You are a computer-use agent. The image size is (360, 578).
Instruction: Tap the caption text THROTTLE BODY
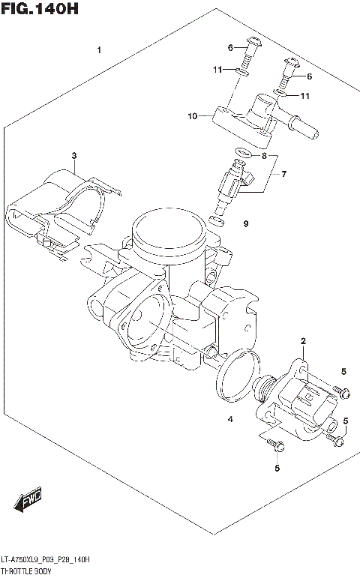tap(32, 571)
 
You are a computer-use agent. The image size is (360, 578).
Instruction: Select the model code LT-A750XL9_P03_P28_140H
tap(46, 559)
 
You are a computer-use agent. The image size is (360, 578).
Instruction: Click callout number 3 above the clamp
tap(74, 156)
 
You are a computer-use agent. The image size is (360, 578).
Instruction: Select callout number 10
tap(193, 116)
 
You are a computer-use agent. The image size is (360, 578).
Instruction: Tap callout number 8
tap(263, 156)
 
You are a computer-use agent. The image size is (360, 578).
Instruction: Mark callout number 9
tap(244, 223)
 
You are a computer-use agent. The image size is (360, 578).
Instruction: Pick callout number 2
tap(303, 342)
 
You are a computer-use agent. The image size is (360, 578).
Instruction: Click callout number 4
tap(231, 419)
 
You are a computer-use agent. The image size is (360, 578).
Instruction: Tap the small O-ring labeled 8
tap(240, 154)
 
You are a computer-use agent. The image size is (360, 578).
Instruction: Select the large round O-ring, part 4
tap(235, 375)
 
